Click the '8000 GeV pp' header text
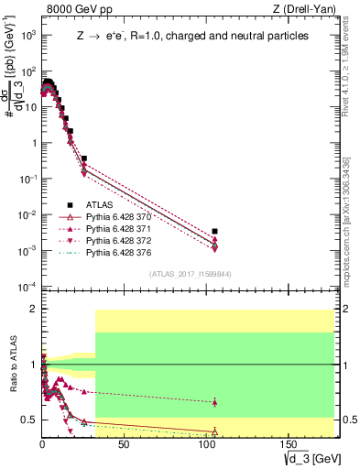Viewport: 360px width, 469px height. pos(77,10)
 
